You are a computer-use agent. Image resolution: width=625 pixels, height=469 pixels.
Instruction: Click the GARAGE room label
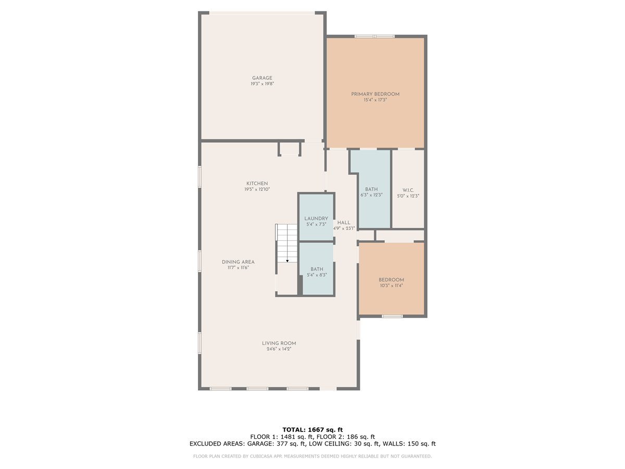[x=262, y=78]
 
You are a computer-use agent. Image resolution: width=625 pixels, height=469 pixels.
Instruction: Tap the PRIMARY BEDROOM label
[x=375, y=94]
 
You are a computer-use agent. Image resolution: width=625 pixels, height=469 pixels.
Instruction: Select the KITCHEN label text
[x=257, y=183]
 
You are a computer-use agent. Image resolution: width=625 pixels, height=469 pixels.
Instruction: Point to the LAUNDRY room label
[x=316, y=218]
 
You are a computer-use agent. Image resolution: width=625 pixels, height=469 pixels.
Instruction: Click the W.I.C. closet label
[x=408, y=190]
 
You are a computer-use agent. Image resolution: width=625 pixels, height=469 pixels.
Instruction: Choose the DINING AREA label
[x=238, y=262]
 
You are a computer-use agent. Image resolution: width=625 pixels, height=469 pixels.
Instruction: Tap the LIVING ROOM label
[x=279, y=343]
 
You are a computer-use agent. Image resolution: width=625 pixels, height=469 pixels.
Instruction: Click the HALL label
[x=344, y=223]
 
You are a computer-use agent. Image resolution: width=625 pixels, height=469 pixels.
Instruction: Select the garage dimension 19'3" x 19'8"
[x=262, y=84]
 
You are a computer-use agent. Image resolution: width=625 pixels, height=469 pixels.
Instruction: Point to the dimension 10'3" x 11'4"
[x=391, y=286]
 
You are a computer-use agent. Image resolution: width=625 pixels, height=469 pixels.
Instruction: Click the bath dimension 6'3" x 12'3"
[x=371, y=195]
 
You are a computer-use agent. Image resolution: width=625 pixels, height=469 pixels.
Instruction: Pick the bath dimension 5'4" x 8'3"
[x=317, y=275]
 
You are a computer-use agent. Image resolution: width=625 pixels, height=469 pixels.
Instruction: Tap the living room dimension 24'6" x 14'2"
[x=279, y=349]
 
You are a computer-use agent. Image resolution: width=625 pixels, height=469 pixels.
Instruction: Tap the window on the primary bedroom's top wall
[x=374, y=36]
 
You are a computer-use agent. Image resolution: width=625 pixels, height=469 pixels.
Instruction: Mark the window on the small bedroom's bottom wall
[x=392, y=316]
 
